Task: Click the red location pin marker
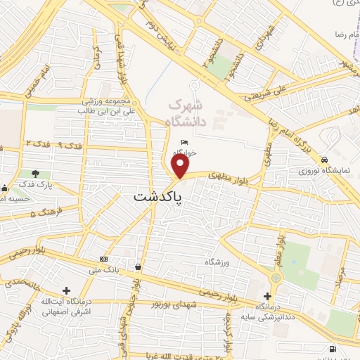click(x=181, y=167)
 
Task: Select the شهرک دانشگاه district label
click(x=188, y=113)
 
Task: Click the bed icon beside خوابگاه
click(x=185, y=143)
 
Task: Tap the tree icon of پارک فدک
click(x=35, y=173)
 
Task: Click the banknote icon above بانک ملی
click(x=104, y=259)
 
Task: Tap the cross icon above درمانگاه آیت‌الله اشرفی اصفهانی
click(x=66, y=290)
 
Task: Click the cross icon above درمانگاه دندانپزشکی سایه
click(x=267, y=296)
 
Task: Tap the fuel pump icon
click(x=332, y=348)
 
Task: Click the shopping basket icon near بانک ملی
click(x=137, y=267)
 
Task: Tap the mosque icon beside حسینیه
click(x=6, y=188)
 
